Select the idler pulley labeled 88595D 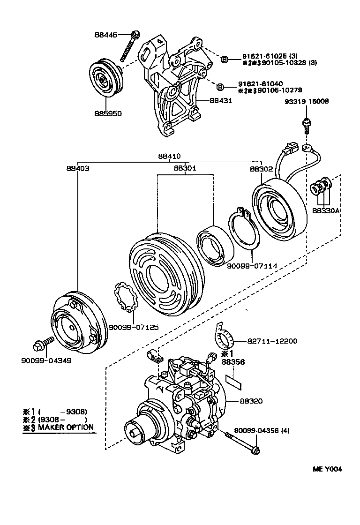[105, 80]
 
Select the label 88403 [77, 167]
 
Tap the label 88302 [261, 167]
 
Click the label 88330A [325, 211]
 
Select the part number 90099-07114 [252, 266]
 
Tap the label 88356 [233, 362]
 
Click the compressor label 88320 [251, 401]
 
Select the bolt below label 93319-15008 [305, 124]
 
